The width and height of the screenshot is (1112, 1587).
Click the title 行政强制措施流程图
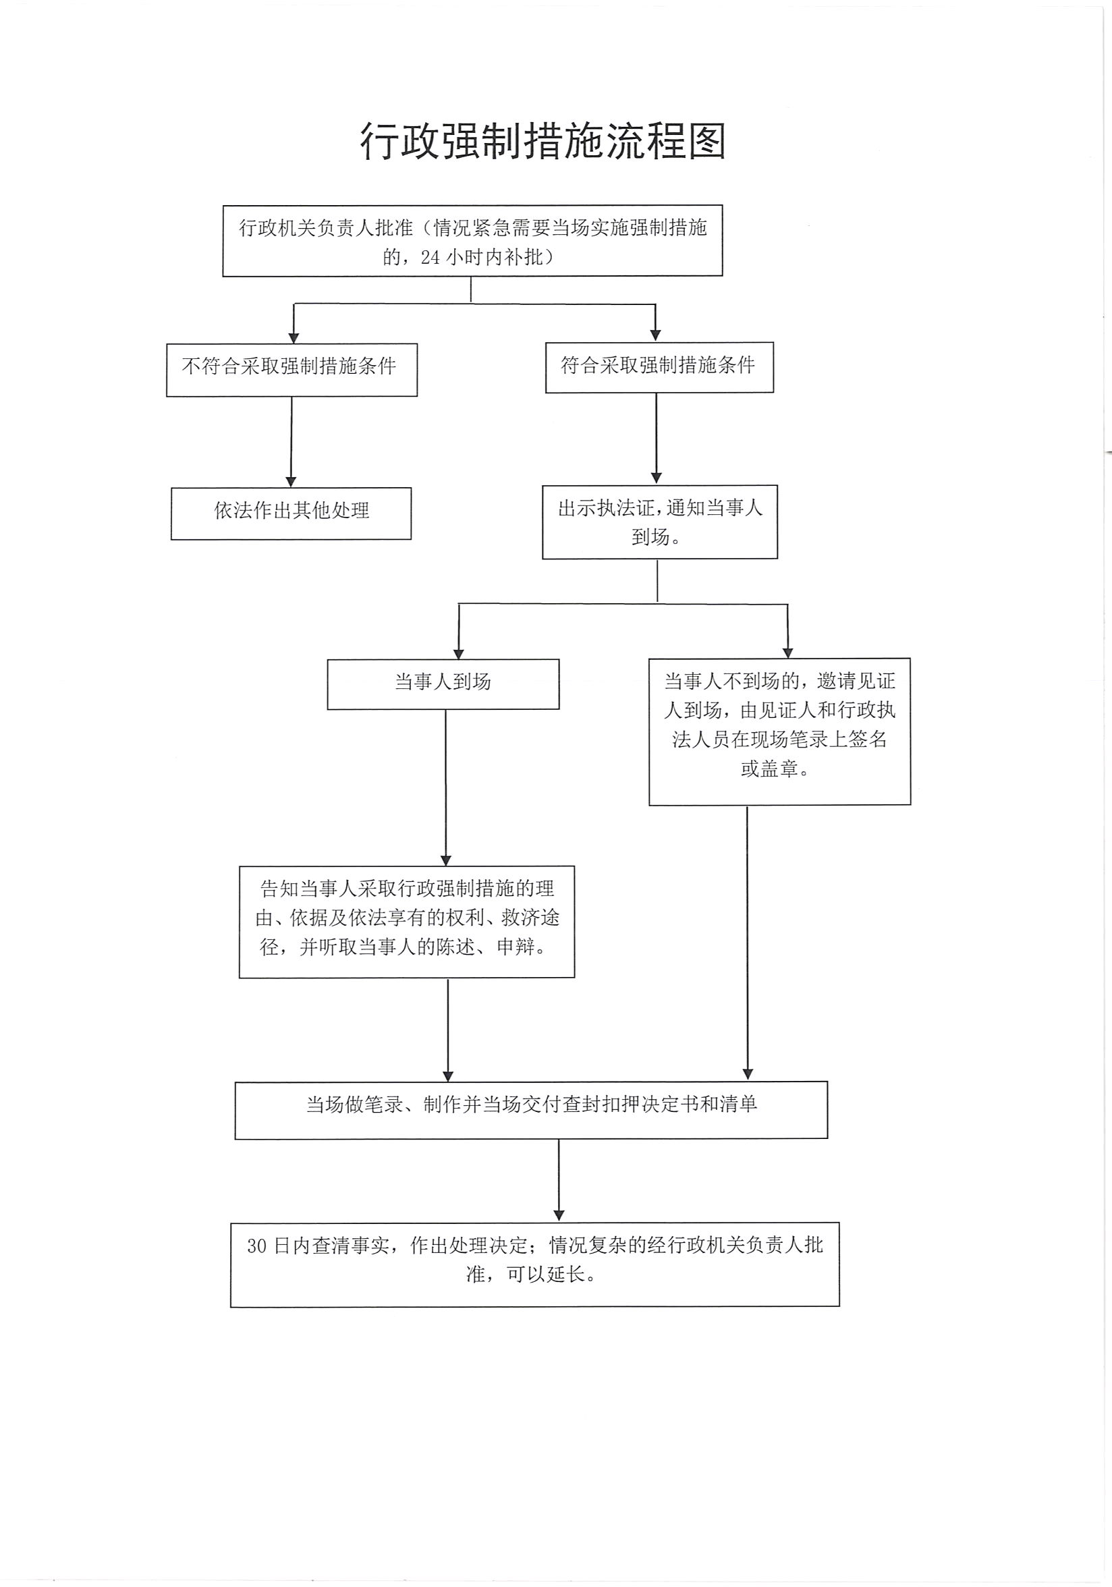(543, 143)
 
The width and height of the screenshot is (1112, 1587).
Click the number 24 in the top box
(430, 257)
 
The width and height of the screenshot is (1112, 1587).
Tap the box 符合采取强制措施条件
(659, 367)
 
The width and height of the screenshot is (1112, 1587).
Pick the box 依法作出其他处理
(291, 513)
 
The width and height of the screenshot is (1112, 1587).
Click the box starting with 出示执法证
(659, 522)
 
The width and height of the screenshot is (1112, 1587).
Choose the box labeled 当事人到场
(443, 684)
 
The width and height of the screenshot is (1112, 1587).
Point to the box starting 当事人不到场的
(779, 731)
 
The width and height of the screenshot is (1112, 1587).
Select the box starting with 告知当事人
(406, 922)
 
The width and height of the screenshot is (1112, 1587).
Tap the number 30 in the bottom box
(256, 1246)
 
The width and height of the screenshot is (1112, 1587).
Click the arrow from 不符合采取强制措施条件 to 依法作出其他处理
(291, 441)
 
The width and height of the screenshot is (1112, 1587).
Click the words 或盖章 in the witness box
(767, 769)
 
